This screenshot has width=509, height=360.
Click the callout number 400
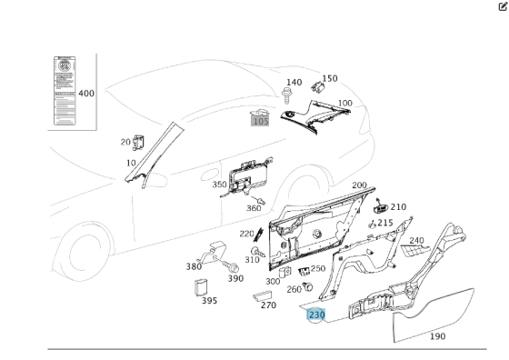coord(86,94)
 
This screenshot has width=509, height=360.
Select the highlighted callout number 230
coord(316,315)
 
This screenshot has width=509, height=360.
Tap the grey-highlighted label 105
coord(261,120)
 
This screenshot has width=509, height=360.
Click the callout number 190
coord(437,336)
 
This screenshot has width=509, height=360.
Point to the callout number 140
coord(294,83)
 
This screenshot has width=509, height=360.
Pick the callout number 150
coord(329,79)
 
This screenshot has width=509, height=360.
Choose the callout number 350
coord(220,185)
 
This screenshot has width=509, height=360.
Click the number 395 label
coord(209,301)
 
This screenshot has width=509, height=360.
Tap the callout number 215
coord(385,223)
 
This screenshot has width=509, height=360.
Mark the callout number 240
coord(416,241)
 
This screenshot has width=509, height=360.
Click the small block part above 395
coord(203,287)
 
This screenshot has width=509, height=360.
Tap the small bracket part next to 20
coord(139,142)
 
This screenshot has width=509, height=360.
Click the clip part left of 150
coord(317,88)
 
